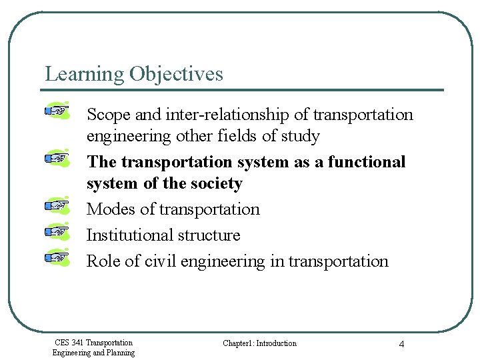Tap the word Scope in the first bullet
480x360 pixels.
click(x=109, y=115)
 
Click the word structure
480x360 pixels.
click(x=209, y=235)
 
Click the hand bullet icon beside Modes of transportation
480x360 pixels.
click(x=58, y=206)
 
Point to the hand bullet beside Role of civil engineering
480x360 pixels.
click(x=58, y=256)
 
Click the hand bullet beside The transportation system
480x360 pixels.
click(x=58, y=159)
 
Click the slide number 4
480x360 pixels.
click(x=401, y=344)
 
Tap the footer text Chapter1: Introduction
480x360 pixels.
click(x=259, y=343)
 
